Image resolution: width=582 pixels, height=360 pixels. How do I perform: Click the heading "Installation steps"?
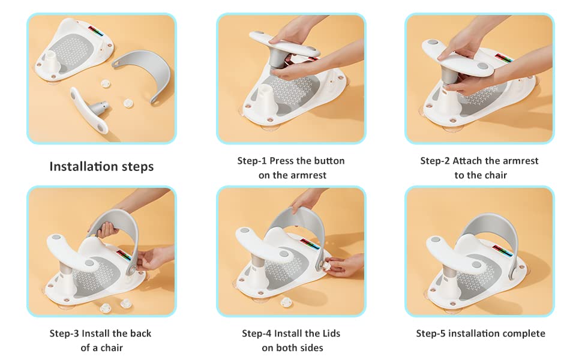[101, 167]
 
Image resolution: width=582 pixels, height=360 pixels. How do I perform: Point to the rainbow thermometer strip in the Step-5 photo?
[503, 251]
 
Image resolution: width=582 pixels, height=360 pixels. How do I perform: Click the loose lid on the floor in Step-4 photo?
[286, 302]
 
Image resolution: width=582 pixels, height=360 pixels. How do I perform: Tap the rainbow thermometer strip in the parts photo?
[96, 31]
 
